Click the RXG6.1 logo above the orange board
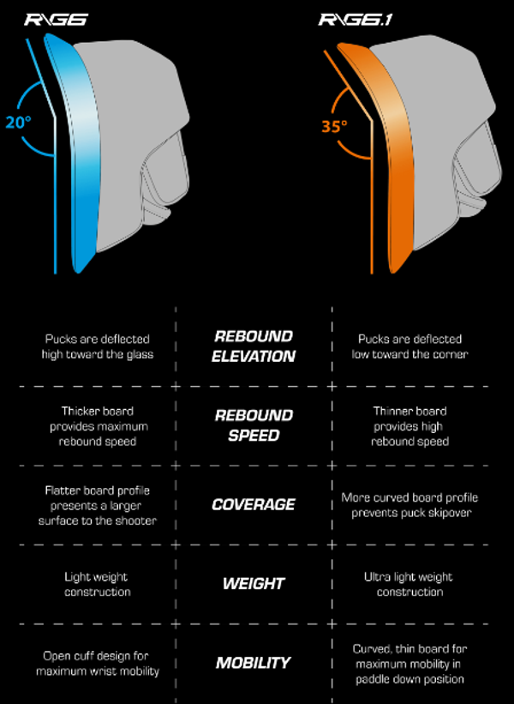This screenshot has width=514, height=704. [355, 19]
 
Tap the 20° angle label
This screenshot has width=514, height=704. [19, 122]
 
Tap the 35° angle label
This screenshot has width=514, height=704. [334, 126]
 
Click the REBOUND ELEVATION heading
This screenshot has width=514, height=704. [253, 346]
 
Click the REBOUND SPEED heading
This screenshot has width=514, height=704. [253, 424]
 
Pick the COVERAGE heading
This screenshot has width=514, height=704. [253, 504]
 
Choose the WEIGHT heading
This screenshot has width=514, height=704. [253, 583]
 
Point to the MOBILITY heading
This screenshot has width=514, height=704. [253, 662]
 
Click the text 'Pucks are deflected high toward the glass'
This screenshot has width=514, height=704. [99, 346]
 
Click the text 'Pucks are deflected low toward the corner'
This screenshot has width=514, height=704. [408, 346]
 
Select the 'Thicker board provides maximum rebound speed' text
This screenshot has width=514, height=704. [99, 426]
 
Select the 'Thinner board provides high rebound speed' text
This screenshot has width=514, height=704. [409, 426]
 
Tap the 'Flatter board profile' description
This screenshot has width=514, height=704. [99, 505]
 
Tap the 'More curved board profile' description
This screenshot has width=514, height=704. [409, 505]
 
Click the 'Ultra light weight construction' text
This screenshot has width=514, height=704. [408, 584]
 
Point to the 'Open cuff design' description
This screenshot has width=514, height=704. [98, 663]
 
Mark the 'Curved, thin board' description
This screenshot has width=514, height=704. [408, 663]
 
